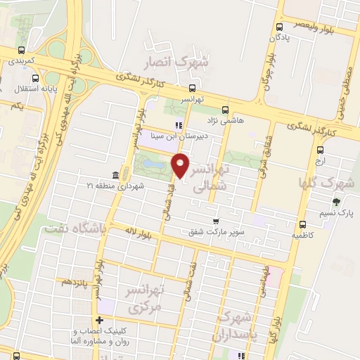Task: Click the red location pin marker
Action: [181, 166]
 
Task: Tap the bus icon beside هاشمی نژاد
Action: [225, 110]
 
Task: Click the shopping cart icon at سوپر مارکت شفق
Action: [217, 221]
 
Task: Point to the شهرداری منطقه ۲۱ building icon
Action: [115, 175]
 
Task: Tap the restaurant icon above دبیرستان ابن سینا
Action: [179, 125]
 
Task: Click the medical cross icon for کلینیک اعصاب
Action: [100, 320]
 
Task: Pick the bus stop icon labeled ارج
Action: [321, 150]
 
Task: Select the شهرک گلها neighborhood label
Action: [333, 175]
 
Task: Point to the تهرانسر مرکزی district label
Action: [145, 298]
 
